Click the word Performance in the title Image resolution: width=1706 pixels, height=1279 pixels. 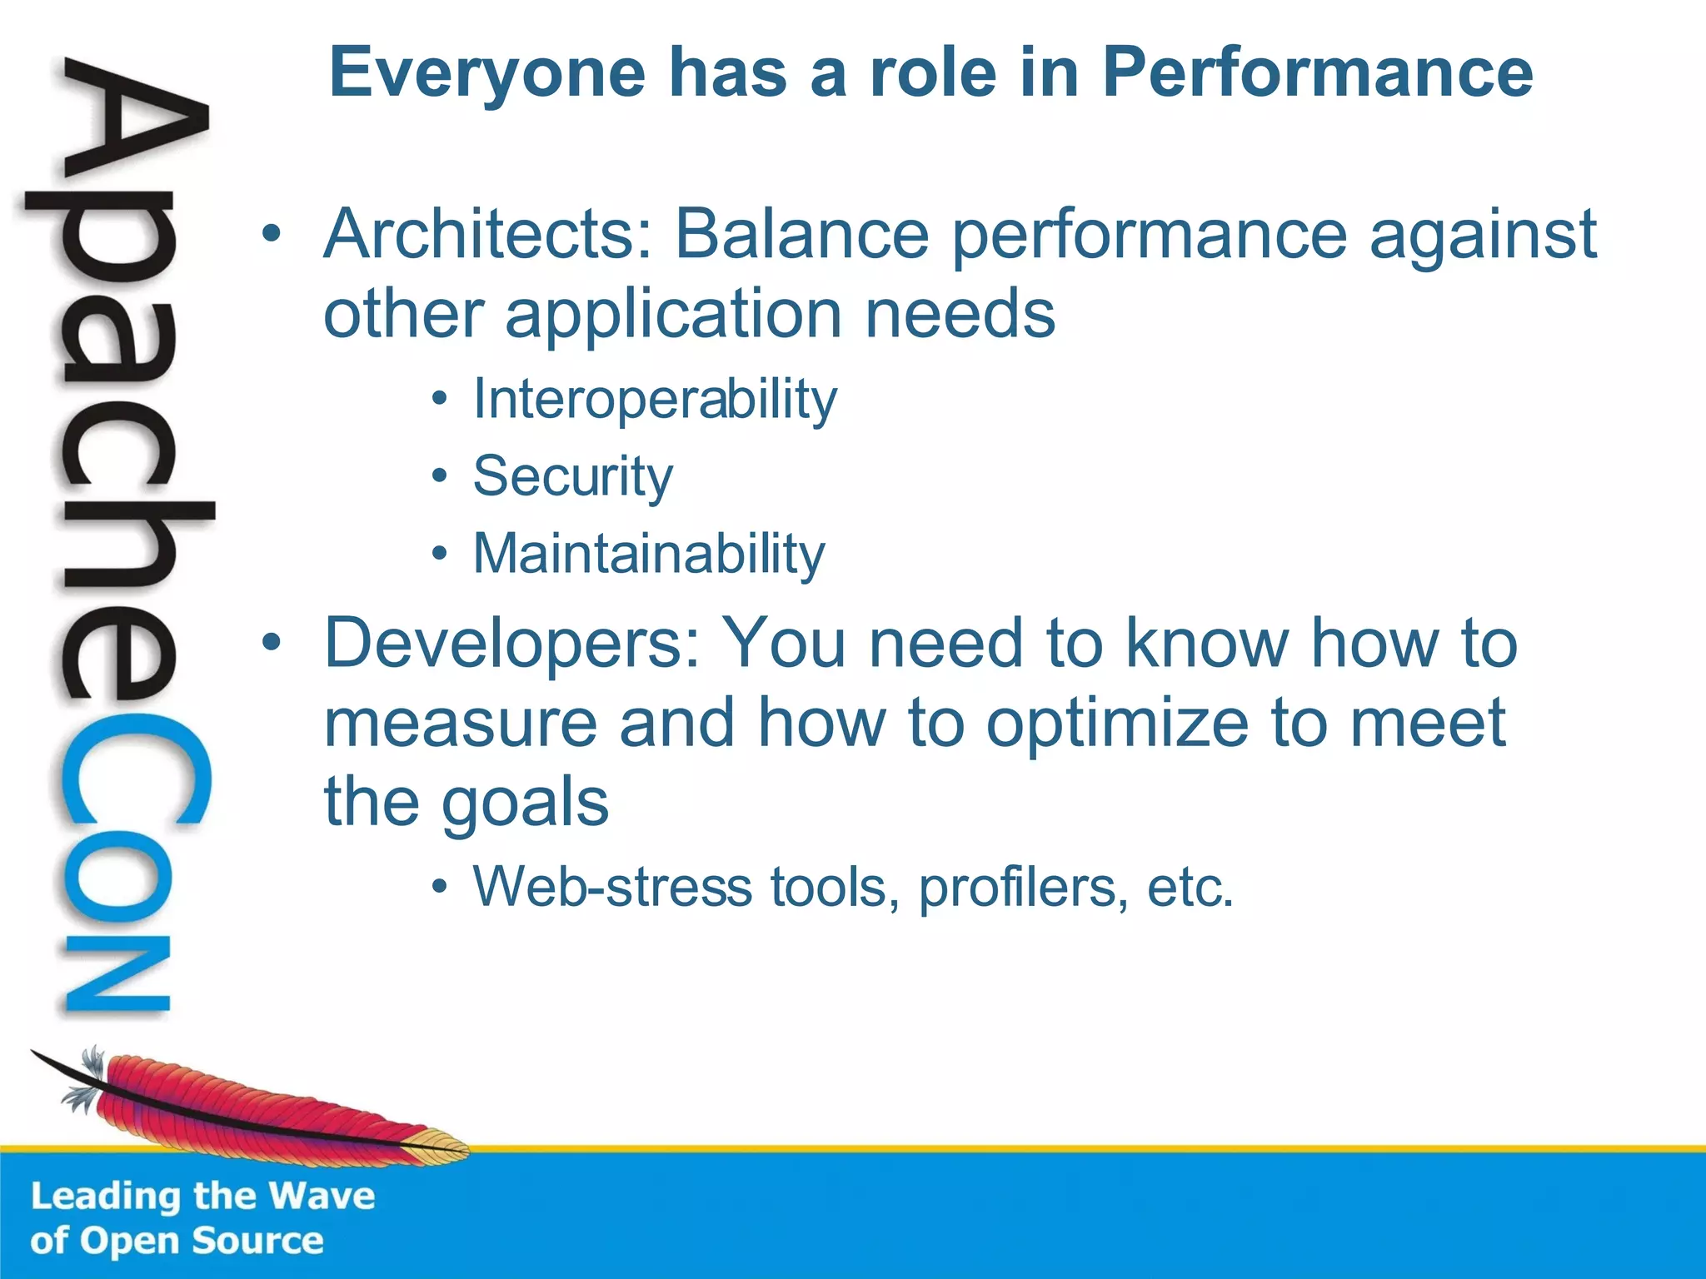[1317, 73]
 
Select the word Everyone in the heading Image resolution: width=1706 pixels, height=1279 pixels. [487, 73]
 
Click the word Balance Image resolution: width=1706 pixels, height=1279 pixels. [801, 235]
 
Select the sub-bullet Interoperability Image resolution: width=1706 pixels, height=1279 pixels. [655, 400]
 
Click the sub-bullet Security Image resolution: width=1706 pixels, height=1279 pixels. [573, 477]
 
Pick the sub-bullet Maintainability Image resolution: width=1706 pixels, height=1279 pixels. [649, 554]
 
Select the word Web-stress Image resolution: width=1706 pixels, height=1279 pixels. [612, 887]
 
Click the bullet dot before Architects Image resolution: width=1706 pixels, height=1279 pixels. [271, 236]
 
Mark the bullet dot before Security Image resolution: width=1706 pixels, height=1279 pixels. [440, 477]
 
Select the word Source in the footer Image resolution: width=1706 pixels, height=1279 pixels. [257, 1242]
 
